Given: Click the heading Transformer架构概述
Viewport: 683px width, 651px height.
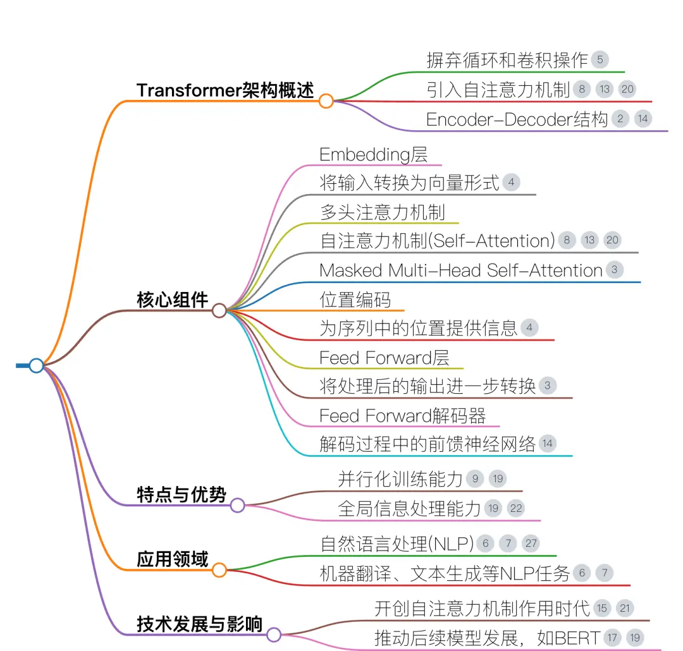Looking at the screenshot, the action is click(x=225, y=90).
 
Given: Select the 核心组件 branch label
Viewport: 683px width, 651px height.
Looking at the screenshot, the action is click(x=173, y=300).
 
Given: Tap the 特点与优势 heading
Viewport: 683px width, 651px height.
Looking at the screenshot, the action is click(x=182, y=495).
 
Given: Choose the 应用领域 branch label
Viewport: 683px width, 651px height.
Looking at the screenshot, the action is click(x=173, y=559).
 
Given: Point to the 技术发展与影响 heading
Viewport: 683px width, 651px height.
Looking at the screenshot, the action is click(x=199, y=624).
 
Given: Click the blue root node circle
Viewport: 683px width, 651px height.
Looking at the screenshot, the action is click(x=37, y=365).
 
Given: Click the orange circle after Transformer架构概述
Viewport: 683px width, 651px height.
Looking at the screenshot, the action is click(x=326, y=101).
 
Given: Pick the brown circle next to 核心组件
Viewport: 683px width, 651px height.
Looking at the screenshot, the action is click(x=219, y=310).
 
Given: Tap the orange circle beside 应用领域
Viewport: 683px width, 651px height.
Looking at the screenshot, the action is click(x=219, y=569).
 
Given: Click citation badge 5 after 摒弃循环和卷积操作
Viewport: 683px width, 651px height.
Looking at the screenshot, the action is click(x=600, y=59).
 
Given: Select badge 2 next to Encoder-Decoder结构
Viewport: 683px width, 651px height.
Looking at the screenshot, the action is click(x=620, y=119).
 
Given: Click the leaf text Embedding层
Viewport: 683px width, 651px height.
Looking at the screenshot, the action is click(x=373, y=155).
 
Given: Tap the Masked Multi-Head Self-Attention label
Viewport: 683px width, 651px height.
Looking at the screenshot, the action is click(x=461, y=271).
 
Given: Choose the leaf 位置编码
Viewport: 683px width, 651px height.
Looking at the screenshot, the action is click(x=355, y=300).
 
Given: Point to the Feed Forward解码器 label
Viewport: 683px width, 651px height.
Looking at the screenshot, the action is click(x=402, y=416).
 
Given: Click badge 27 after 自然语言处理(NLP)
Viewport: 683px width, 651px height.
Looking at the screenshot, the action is click(x=531, y=544).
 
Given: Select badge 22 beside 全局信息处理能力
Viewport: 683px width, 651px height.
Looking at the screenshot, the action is click(x=516, y=508).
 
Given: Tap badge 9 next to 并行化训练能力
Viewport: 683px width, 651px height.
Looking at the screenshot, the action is click(x=475, y=479).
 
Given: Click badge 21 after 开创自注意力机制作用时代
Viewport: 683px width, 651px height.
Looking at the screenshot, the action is click(x=625, y=608).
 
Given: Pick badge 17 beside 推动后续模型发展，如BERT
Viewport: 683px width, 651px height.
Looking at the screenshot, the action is click(x=612, y=638).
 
